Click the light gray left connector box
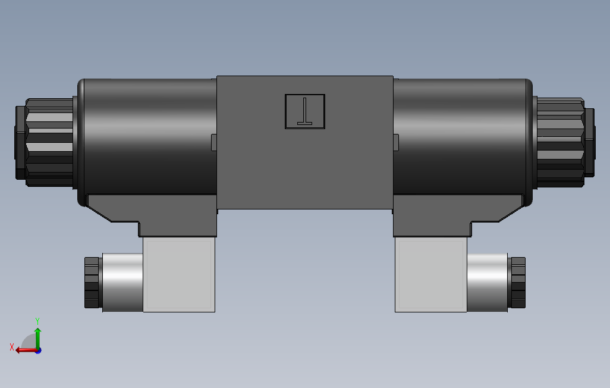tap(179, 274)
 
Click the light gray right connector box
tap(430, 274)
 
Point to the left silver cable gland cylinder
tap(122, 282)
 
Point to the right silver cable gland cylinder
tap(487, 282)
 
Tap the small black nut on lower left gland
tap(92, 283)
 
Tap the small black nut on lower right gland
tap(518, 283)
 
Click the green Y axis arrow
tap(37, 337)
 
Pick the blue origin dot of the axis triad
tap(37, 351)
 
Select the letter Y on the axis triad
tap(37, 321)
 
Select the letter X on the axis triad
tap(11, 347)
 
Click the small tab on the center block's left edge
tap(214, 142)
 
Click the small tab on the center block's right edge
tap(396, 142)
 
